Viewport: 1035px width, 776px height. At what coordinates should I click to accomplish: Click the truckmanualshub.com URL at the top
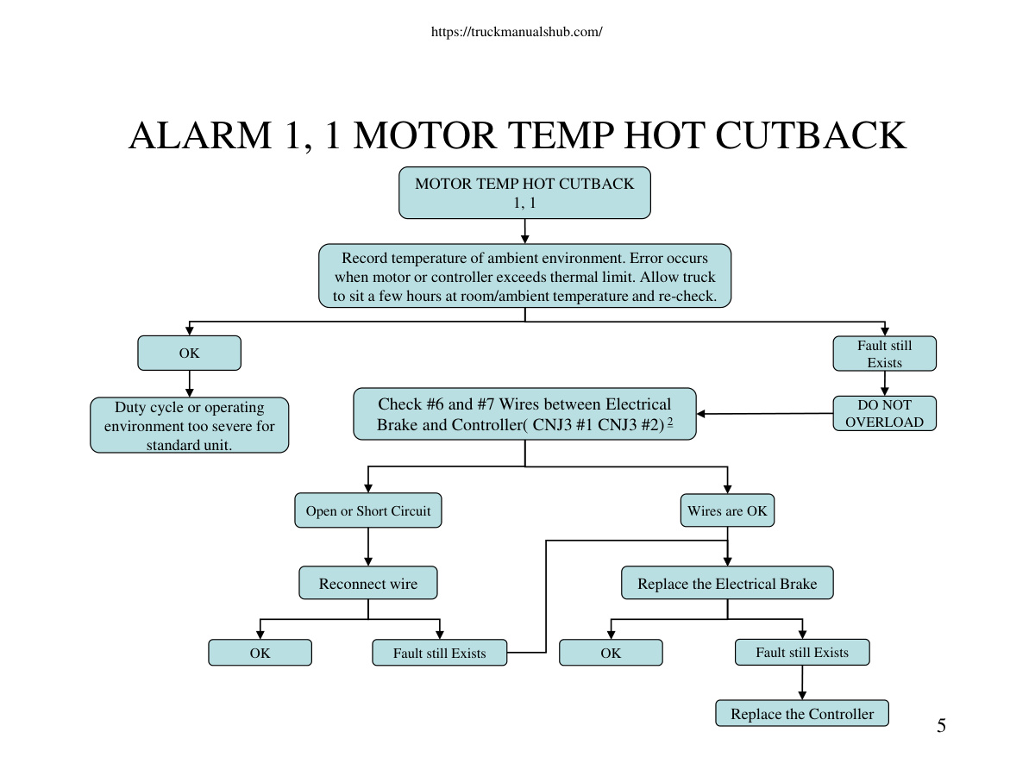tap(517, 32)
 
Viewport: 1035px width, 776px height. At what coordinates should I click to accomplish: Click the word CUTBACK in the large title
tap(811, 135)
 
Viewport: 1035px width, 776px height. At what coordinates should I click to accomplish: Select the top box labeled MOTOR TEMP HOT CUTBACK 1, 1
tap(524, 192)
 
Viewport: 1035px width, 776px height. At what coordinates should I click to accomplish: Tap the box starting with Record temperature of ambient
tap(524, 276)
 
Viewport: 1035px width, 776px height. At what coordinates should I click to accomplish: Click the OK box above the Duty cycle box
tap(189, 353)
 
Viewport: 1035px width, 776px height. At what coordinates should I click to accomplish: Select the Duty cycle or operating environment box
tap(189, 425)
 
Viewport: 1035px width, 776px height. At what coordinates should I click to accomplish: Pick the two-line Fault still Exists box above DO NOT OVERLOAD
tap(885, 354)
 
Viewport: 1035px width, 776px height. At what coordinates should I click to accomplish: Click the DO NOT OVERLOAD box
tap(885, 413)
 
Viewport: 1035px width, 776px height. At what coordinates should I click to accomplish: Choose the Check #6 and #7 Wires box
tap(524, 414)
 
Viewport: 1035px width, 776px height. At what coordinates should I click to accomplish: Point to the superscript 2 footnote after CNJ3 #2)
tap(670, 422)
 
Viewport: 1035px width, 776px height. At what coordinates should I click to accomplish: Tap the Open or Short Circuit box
tap(368, 510)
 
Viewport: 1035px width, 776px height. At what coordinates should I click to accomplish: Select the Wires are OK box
tap(728, 510)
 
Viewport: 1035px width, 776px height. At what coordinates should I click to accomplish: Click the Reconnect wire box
tap(368, 583)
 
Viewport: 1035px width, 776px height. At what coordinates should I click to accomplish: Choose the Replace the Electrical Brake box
tap(727, 583)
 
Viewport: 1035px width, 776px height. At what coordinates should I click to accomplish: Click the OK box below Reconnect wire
tap(260, 653)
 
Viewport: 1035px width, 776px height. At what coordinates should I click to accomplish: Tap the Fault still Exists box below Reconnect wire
tap(440, 653)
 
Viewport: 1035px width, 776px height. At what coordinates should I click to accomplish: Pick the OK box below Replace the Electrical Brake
tap(611, 653)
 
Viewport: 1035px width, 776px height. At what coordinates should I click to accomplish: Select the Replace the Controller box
tap(802, 713)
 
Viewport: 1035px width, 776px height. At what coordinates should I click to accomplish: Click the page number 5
tap(941, 726)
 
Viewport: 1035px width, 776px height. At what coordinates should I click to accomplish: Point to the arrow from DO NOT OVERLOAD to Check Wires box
tap(765, 414)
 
